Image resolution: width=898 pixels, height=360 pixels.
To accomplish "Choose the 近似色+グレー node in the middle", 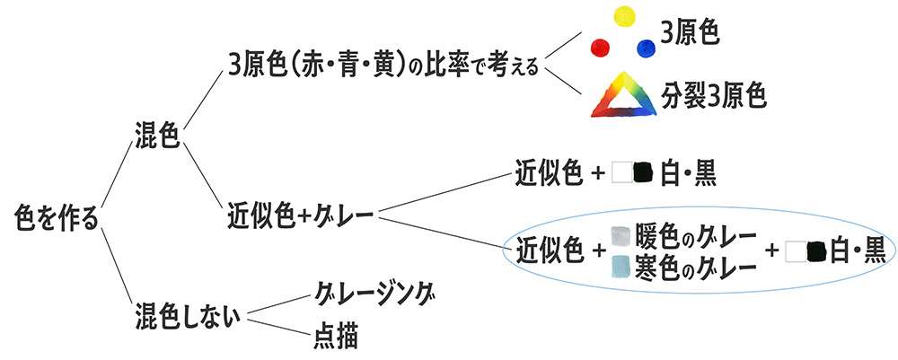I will coord(300,215).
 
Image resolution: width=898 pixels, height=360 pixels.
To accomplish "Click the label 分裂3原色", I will coord(715,94).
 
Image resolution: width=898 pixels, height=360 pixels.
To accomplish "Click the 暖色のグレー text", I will coord(693,238).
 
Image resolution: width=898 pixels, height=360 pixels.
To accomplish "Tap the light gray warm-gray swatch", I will coord(620,236).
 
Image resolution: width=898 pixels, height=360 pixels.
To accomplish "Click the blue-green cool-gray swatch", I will coord(620,267).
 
